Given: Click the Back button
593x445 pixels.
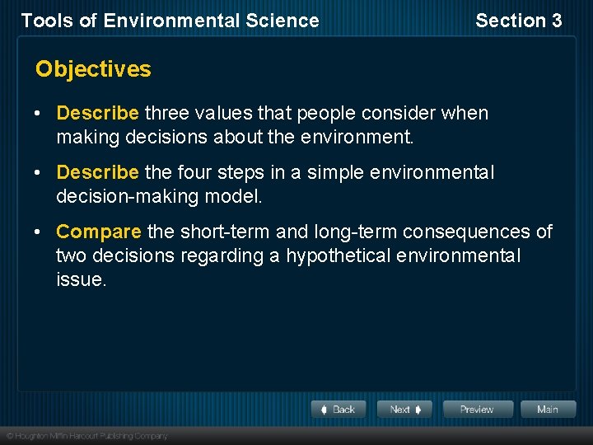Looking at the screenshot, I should click(339, 409).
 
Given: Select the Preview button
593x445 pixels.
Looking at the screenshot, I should click(477, 409).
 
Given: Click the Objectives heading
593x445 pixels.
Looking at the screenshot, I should click(93, 69).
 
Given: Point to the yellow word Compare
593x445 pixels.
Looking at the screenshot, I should click(98, 232).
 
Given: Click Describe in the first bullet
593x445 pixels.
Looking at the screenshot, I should click(97, 113).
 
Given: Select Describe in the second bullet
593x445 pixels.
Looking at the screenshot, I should click(97, 173).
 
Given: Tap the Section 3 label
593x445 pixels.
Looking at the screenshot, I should click(518, 21).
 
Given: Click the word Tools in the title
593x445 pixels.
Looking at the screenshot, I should click(44, 21).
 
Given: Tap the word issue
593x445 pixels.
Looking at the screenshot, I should click(81, 280).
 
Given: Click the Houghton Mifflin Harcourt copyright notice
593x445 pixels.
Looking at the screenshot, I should click(86, 435).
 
